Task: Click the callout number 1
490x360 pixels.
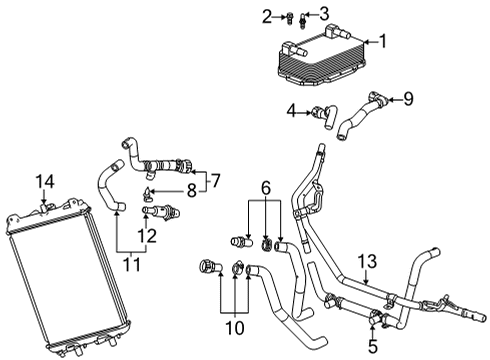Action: coord(380,42)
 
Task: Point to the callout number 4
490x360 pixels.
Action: coord(292,112)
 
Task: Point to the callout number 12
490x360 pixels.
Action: coord(152,235)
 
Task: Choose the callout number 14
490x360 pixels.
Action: coord(43,180)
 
